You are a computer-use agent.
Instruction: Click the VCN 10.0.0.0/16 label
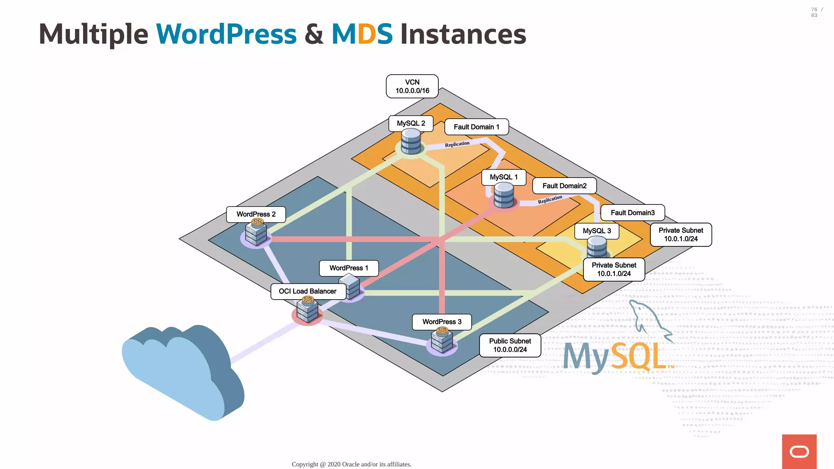pyautogui.click(x=412, y=86)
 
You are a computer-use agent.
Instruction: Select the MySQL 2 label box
pyautogui.click(x=410, y=123)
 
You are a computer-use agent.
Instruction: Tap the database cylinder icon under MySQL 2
pyautogui.click(x=410, y=142)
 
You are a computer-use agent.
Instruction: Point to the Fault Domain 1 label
pyautogui.click(x=476, y=127)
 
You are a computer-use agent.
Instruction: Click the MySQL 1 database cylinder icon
pyautogui.click(x=504, y=195)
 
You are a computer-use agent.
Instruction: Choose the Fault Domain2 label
pyautogui.click(x=564, y=186)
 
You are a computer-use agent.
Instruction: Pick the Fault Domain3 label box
pyautogui.click(x=632, y=213)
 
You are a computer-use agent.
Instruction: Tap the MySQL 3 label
pyautogui.click(x=597, y=231)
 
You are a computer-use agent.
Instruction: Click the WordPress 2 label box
pyautogui.click(x=256, y=214)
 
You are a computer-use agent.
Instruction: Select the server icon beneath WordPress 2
pyautogui.click(x=256, y=233)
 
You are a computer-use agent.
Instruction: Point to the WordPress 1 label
pyautogui.click(x=349, y=268)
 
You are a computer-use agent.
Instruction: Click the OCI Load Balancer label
pyautogui.click(x=308, y=291)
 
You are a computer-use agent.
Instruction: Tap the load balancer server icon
pyautogui.click(x=307, y=311)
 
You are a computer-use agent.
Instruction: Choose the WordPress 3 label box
pyautogui.click(x=442, y=322)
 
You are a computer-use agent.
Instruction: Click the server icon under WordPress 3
pyautogui.click(x=442, y=341)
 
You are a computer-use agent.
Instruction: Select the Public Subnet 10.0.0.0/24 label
pyautogui.click(x=510, y=345)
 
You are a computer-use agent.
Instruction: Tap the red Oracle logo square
pyautogui.click(x=799, y=451)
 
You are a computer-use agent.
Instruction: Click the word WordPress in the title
pyautogui.click(x=226, y=34)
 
